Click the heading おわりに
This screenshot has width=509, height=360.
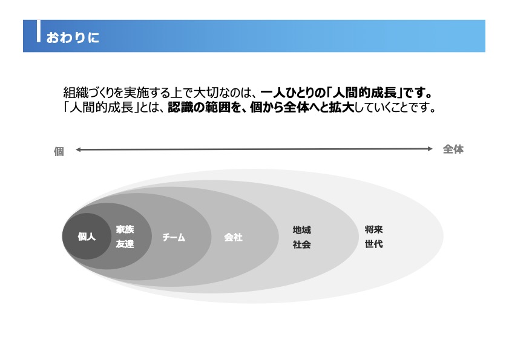73,38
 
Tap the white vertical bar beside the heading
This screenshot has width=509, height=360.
39,31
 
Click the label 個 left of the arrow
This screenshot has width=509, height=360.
59,152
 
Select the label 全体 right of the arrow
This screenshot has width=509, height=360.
453,149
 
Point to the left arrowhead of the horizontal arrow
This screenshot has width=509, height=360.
78,149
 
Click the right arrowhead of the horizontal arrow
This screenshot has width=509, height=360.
430,149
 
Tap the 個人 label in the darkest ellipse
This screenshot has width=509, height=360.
87,237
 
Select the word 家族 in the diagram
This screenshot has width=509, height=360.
125,229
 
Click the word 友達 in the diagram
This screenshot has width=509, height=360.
125,244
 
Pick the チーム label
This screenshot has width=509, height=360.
174,237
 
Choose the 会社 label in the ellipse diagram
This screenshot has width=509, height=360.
233,237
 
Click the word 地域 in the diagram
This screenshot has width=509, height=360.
301,230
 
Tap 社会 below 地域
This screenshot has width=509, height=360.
301,244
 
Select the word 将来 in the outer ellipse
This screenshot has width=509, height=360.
373,229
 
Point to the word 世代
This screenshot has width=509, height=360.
373,244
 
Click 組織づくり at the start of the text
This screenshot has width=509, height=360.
88,93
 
